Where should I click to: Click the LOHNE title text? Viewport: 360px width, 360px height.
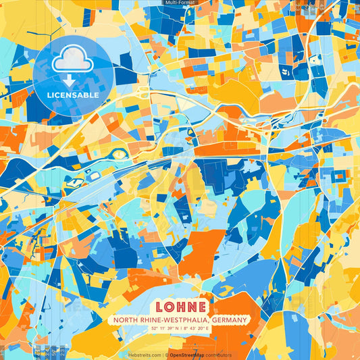179,306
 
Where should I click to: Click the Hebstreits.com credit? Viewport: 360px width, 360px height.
145,355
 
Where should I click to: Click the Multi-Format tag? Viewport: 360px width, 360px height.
180,3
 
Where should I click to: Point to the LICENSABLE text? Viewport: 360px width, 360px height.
73,95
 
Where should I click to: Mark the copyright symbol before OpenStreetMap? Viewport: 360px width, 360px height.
166,355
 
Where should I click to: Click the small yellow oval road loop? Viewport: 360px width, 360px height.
119,155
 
